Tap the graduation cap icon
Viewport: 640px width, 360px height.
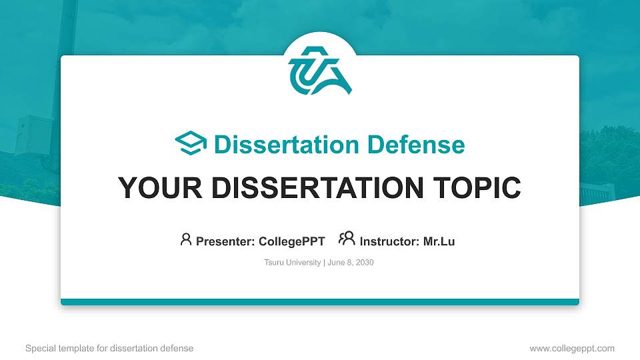[191, 144]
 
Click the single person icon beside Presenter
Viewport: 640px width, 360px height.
[186, 239]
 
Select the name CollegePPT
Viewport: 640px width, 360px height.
[292, 241]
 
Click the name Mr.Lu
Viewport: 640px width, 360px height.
[439, 241]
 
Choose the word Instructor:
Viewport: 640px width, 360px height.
[389, 241]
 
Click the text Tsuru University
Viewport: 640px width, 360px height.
[293, 263]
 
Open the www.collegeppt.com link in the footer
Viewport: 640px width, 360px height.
[571, 348]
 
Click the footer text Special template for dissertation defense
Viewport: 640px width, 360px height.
[109, 348]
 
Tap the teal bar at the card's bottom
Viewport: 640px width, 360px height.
[320, 302]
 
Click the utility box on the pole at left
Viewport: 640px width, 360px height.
[33, 135]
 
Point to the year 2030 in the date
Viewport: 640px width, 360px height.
[364, 263]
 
